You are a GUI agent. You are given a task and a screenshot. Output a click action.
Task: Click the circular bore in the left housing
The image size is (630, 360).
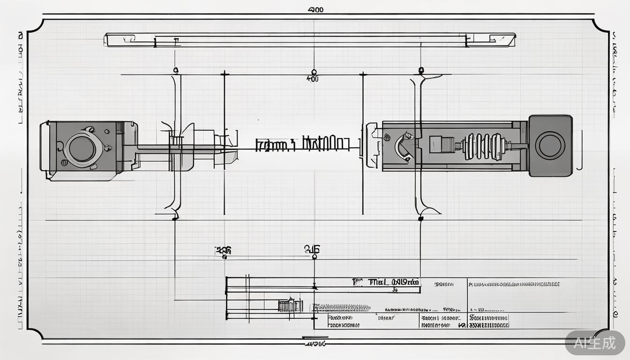click(82, 149)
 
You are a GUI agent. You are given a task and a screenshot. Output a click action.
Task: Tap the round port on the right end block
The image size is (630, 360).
click(550, 145)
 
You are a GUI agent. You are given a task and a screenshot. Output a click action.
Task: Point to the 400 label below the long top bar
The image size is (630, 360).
click(312, 79)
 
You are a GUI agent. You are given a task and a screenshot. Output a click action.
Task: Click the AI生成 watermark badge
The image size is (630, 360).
click(595, 343)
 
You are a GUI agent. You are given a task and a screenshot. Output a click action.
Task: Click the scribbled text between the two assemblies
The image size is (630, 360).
click(302, 144)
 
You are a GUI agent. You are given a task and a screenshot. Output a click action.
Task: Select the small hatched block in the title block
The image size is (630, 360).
click(290, 306)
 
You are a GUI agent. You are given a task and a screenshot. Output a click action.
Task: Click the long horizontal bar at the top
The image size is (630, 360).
click(309, 40)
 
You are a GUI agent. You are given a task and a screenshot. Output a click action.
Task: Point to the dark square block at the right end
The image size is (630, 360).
click(550, 145)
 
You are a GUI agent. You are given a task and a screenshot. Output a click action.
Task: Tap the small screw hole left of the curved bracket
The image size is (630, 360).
click(387, 137)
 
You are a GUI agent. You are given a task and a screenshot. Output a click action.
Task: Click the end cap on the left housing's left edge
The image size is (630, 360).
click(45, 146)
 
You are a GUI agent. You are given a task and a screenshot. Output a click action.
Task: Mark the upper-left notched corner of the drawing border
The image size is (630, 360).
click(35, 27)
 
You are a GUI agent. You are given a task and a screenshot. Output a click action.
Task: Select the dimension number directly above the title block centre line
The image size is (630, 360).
click(312, 249)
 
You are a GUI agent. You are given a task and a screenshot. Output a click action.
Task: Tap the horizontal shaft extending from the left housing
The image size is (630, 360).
click(178, 149)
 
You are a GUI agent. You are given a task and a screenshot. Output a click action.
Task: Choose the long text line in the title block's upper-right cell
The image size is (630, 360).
click(514, 284)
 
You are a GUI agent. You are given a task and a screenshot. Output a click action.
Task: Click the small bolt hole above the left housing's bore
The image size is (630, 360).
click(90, 129)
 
